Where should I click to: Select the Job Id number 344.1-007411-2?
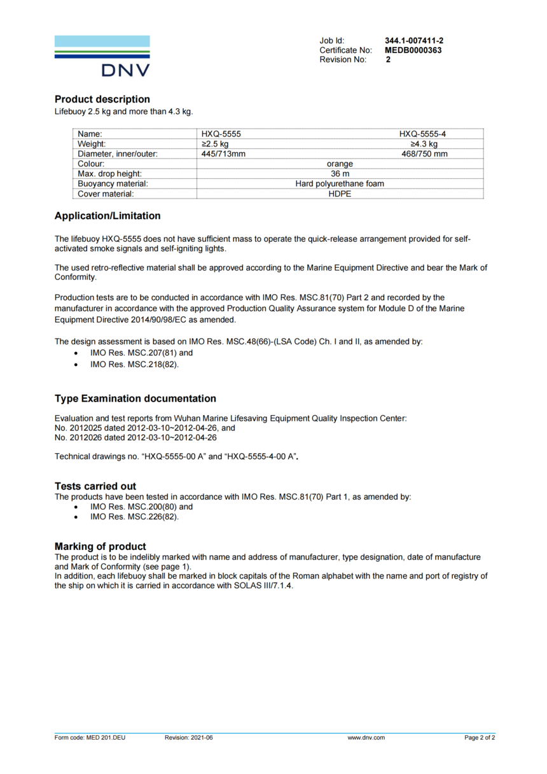(414, 40)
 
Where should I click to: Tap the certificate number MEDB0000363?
(413, 50)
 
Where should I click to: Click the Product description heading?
(102, 99)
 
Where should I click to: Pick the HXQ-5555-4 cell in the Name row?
(423, 134)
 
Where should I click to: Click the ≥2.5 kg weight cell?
(215, 144)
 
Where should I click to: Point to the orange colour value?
(340, 164)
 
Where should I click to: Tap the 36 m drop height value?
(340, 174)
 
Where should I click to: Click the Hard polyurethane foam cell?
(340, 184)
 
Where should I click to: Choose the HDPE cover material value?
(340, 193)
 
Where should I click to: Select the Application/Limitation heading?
(107, 216)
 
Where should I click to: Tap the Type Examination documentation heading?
(135, 398)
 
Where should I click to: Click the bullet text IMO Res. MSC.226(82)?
(134, 517)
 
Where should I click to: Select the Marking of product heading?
(100, 546)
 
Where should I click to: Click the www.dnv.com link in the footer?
(366, 738)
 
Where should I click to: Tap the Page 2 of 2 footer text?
(480, 738)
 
